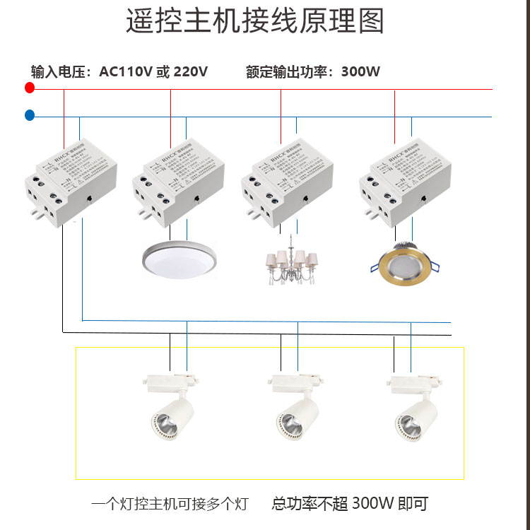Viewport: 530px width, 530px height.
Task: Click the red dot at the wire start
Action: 29,88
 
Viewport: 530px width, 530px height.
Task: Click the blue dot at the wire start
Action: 29,115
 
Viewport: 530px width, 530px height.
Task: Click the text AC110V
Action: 126,72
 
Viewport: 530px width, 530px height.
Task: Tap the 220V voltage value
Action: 191,72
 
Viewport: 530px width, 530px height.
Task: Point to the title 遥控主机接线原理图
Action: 255,22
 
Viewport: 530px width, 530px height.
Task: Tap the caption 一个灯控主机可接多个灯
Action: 170,504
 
